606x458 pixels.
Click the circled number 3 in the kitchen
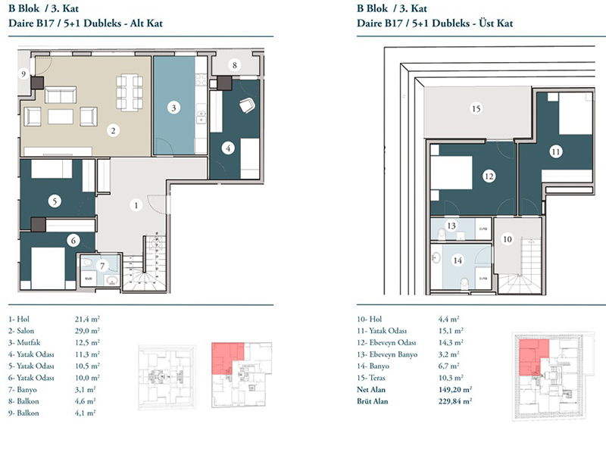tap(173, 107)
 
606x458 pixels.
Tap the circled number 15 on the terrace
tap(476, 108)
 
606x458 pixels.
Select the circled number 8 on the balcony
tap(235, 65)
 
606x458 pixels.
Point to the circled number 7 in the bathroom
tap(102, 266)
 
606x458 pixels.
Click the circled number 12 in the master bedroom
tap(489, 176)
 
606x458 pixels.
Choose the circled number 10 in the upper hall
tap(507, 239)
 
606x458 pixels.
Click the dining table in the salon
tap(130, 92)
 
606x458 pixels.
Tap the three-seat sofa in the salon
tap(61, 95)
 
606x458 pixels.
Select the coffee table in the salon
tap(61, 117)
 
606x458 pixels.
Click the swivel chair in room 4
tap(248, 105)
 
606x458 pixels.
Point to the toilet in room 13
tap(441, 234)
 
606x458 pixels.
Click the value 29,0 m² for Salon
tap(87, 331)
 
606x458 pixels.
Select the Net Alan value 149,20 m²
tap(455, 390)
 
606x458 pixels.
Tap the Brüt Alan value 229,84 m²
tap(455, 401)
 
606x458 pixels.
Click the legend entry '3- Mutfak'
tap(24, 342)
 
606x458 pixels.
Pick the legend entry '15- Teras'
tap(371, 378)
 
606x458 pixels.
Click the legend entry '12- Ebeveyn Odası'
tap(386, 342)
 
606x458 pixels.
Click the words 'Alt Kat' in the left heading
tap(146, 23)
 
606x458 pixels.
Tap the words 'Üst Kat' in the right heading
tap(496, 23)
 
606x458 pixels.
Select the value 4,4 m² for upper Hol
tap(448, 319)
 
